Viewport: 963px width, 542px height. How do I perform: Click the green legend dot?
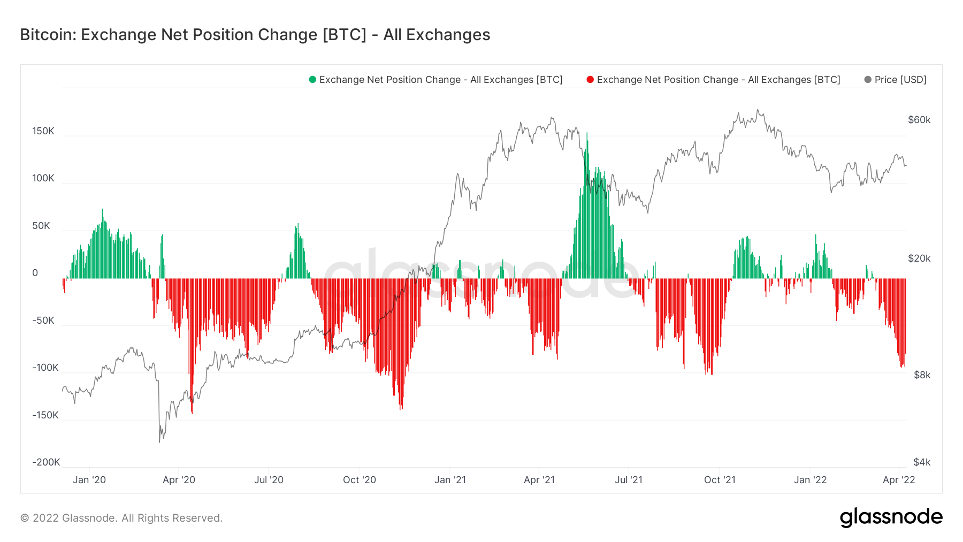point(312,80)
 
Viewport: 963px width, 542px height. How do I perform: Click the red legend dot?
point(590,80)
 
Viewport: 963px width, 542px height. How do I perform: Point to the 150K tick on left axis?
point(43,131)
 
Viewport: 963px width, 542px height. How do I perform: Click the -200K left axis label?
point(46,462)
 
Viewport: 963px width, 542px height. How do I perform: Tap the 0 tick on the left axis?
point(35,273)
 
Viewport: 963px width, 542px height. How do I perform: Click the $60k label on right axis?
point(919,120)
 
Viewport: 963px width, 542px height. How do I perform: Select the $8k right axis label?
point(922,375)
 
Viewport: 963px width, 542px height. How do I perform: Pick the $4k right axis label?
point(922,462)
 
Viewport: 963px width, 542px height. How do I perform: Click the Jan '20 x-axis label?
point(89,480)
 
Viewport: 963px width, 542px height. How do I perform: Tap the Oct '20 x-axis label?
point(360,480)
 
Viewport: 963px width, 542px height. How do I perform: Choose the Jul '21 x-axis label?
point(629,480)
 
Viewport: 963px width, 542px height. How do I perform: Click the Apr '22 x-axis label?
point(899,480)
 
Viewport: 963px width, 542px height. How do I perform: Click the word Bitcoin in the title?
point(47,35)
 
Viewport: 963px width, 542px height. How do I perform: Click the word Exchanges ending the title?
point(448,35)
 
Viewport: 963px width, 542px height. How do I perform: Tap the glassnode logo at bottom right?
point(891,517)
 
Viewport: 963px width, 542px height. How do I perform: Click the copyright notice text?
point(121,518)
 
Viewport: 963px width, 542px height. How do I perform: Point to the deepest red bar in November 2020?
point(401,409)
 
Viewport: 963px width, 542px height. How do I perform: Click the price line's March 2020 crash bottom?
point(159,441)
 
